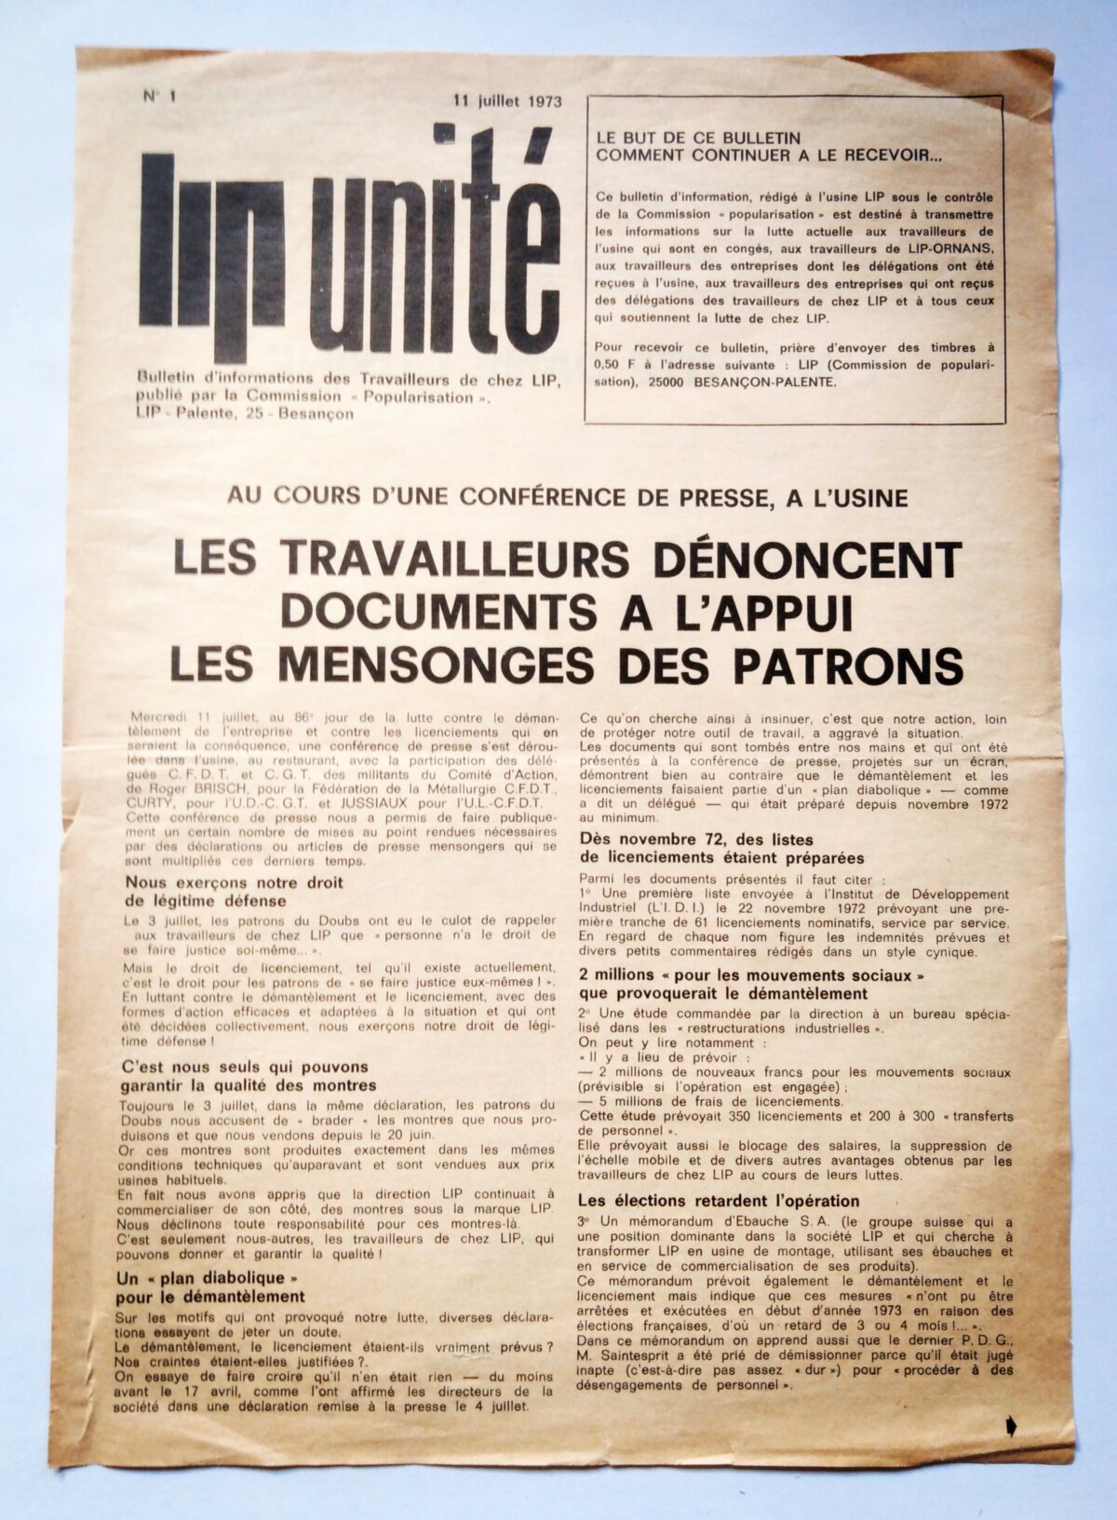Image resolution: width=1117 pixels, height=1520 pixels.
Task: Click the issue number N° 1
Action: (x=159, y=96)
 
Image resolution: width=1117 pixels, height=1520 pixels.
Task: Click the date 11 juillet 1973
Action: (x=508, y=102)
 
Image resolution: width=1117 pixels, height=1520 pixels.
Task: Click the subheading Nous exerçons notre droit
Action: (x=234, y=882)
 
